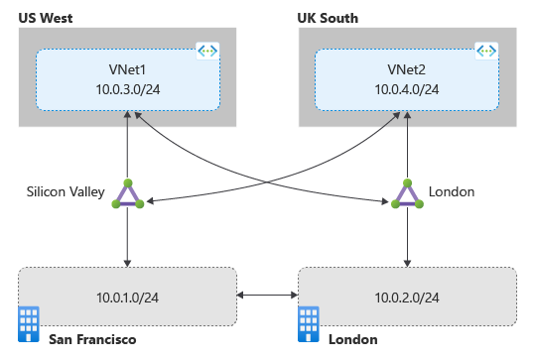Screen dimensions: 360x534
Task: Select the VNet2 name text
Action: coord(406,70)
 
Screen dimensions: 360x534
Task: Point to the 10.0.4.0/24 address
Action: coord(406,90)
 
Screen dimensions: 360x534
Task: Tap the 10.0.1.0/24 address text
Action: coord(127,296)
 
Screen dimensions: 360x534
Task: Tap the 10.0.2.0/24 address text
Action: coord(407,296)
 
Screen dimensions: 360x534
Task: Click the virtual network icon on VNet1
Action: coord(208,50)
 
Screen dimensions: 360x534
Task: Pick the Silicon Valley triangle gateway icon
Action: coord(127,195)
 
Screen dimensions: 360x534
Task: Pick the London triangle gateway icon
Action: coord(407,195)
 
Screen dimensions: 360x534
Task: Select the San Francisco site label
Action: coord(91,339)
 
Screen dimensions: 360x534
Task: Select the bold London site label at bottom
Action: coord(352,339)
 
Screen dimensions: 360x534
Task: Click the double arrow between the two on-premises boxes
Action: coord(268,296)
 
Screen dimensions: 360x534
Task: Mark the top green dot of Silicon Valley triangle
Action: coord(127,183)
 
